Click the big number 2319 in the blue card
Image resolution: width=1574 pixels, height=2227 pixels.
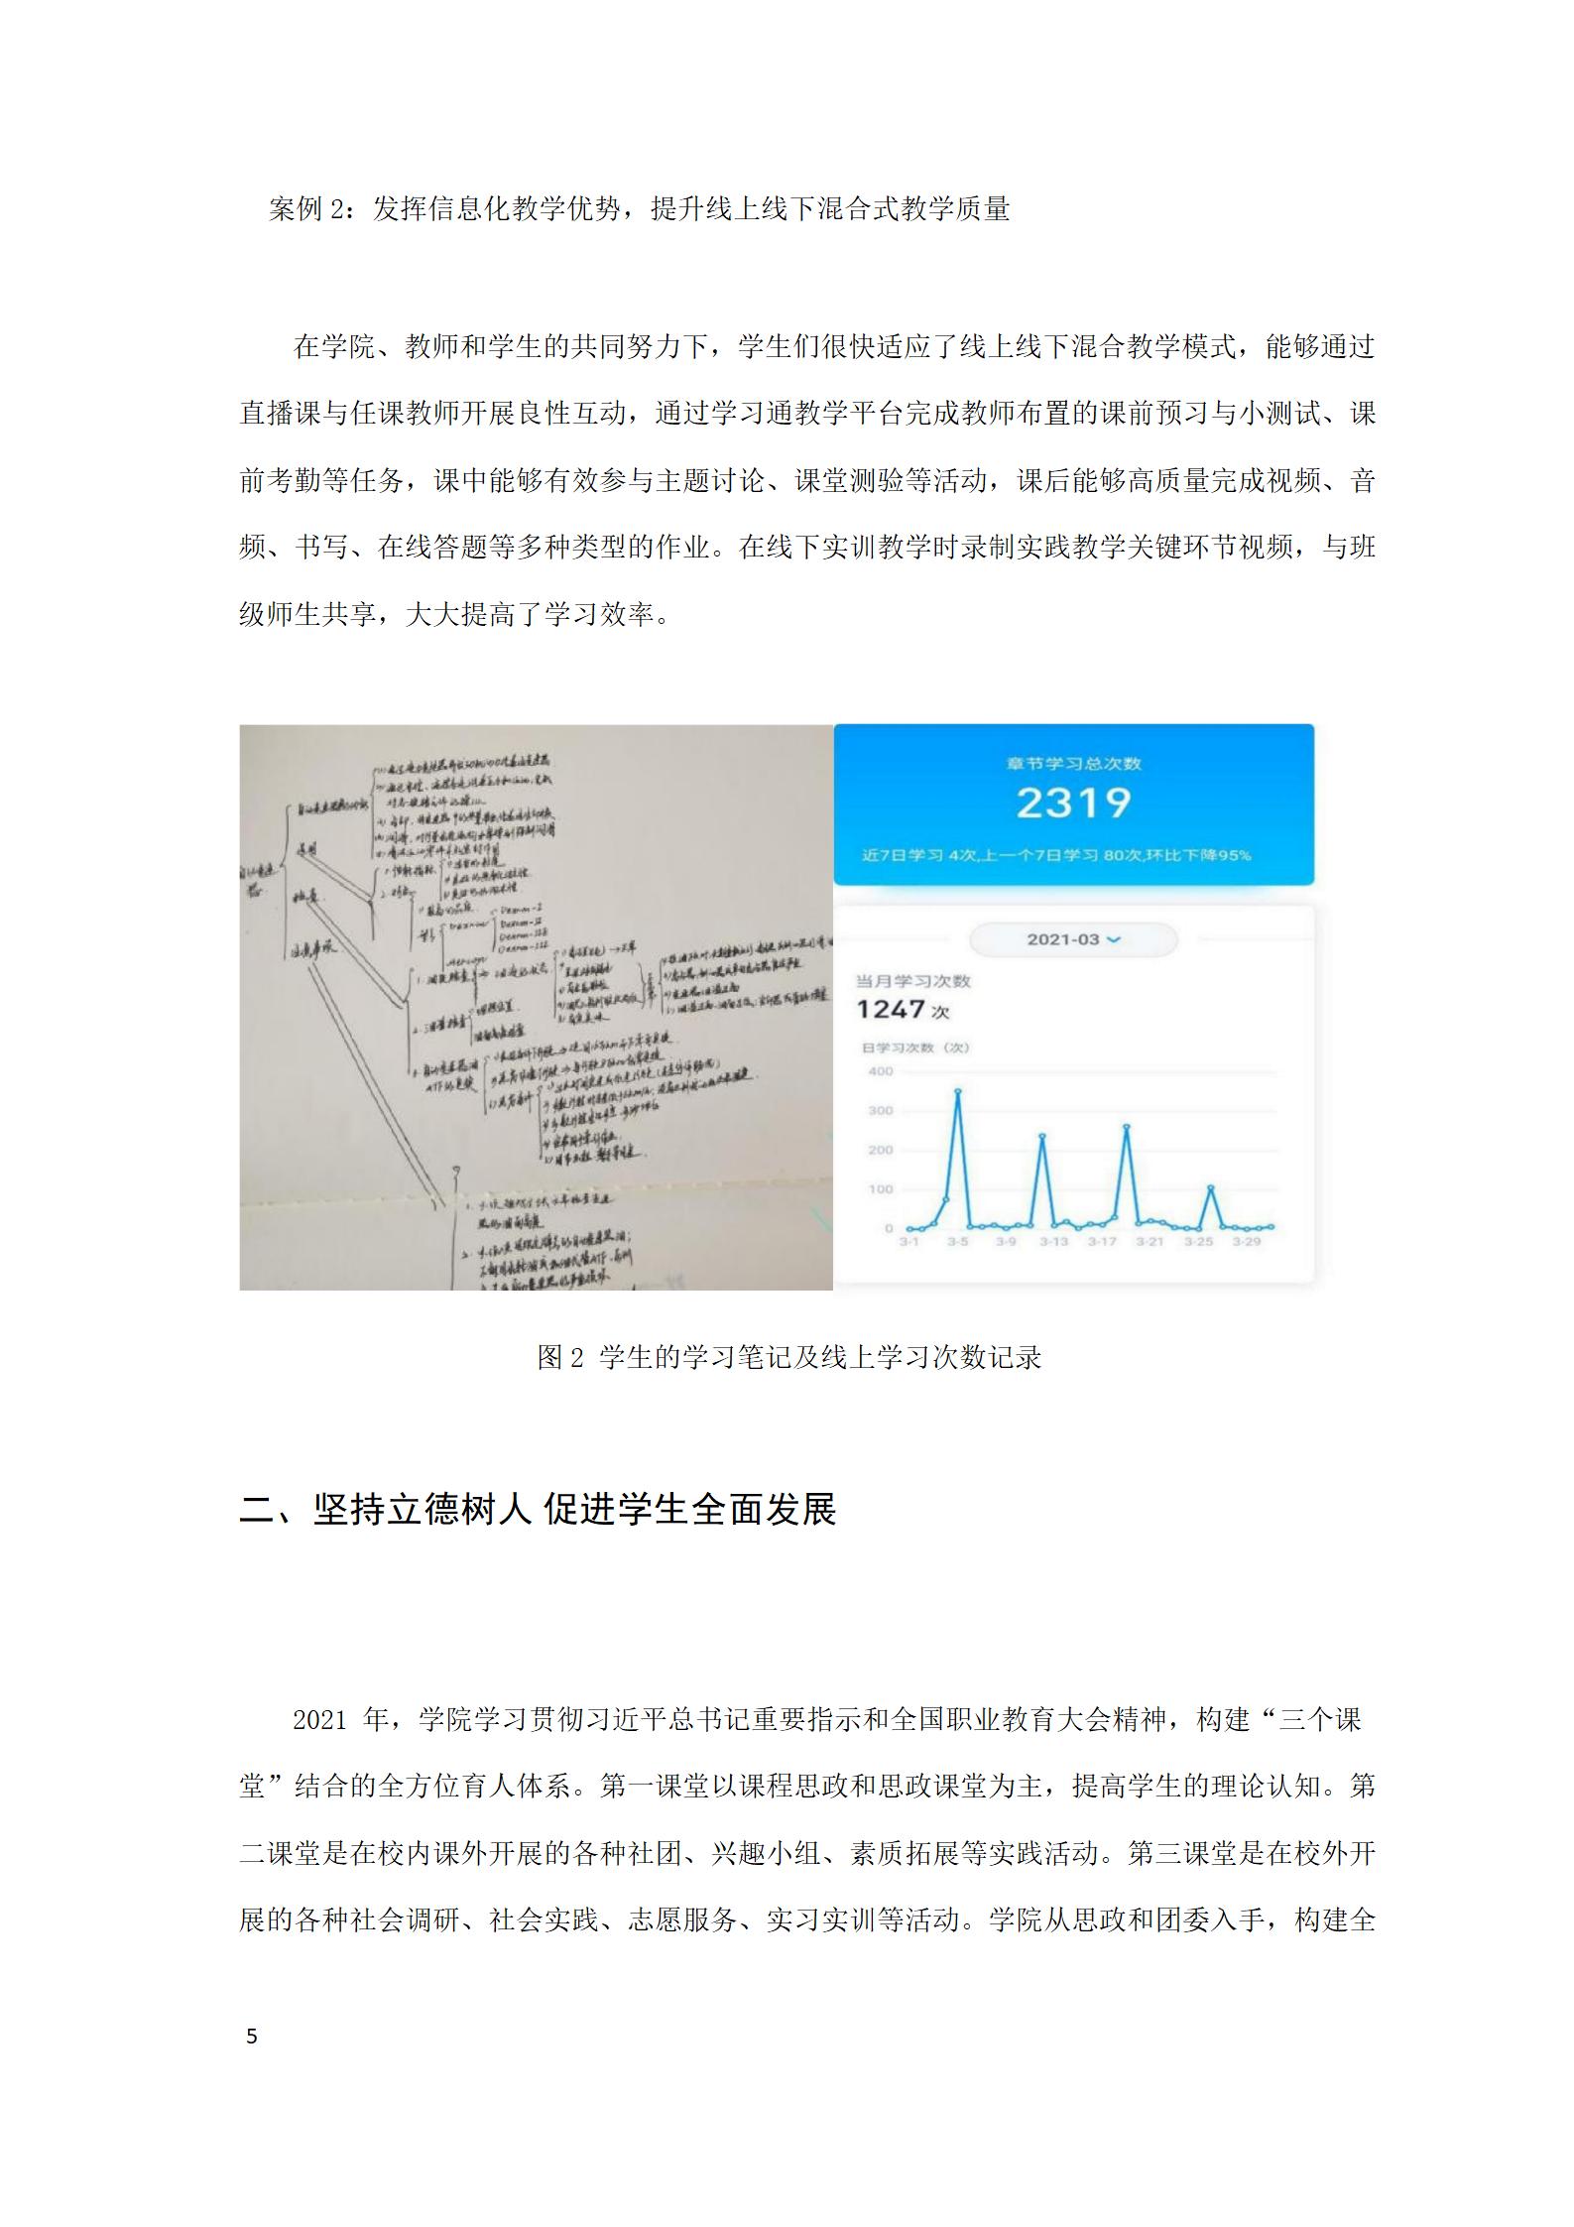coord(1073,803)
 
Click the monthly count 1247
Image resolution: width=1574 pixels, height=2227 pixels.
coord(891,1010)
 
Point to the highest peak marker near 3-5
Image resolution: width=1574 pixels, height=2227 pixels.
coord(957,1091)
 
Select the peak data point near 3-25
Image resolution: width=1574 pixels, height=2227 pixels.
coord(1211,1187)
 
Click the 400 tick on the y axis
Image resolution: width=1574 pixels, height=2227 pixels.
coord(881,1071)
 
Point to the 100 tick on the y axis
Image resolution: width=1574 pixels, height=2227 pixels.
coord(881,1188)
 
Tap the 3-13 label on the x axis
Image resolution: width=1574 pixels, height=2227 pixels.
coord(1053,1241)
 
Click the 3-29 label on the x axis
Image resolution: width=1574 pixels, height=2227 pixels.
coord(1247,1241)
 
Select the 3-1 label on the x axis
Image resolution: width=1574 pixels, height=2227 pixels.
coord(908,1241)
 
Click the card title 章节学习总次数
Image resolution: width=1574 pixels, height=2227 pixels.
coord(1073,764)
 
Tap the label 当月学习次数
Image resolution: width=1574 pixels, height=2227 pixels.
coord(912,981)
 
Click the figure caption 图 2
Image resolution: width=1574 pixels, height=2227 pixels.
coord(561,1357)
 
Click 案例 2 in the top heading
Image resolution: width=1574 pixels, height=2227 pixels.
coord(305,209)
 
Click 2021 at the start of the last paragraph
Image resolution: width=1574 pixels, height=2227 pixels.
coord(318,1719)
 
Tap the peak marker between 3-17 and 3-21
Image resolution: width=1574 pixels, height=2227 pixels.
coord(1127,1127)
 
